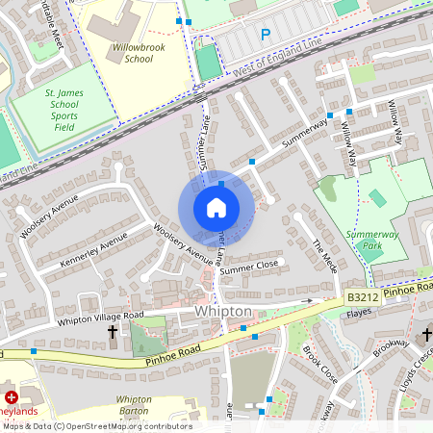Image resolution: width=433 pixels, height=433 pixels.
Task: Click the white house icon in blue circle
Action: (x=216, y=207)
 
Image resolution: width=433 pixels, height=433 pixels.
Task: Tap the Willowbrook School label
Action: (x=124, y=51)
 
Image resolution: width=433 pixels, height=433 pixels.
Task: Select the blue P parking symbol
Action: (x=265, y=35)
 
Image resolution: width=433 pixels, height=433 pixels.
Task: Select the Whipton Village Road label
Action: (x=101, y=318)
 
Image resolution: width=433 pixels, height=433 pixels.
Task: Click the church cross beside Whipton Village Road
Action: (x=113, y=332)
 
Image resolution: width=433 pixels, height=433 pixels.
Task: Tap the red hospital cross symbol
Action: (x=11, y=396)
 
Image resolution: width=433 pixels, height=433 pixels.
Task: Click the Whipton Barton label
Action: (x=133, y=404)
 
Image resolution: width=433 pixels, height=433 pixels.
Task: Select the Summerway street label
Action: (x=306, y=136)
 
